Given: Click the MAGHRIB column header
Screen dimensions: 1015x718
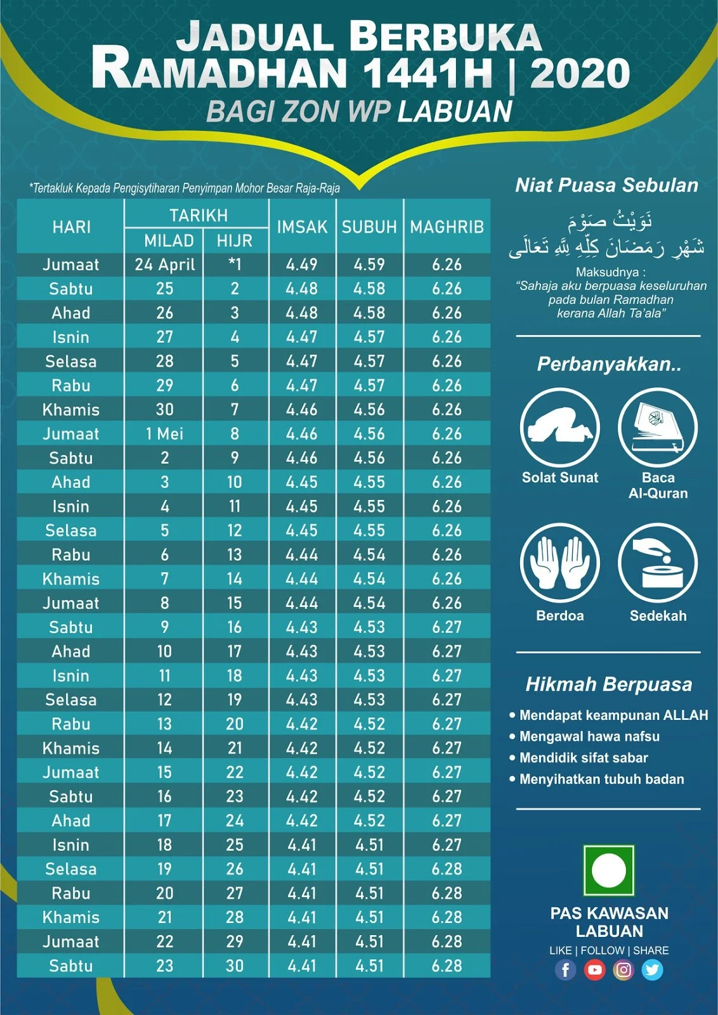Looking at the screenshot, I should pos(447,227).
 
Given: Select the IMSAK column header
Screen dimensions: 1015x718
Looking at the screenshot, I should pos(302,227).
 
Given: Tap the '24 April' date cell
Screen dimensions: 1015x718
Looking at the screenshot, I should pos(164,265).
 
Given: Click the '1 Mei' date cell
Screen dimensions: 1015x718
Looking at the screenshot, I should pos(164,434).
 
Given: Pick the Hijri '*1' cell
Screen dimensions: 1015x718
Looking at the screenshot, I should pos(235,265).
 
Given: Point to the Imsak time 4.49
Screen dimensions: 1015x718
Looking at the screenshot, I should pos(302,265).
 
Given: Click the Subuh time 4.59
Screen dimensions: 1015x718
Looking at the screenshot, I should pos(370,265).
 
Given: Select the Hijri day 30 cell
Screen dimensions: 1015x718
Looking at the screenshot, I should pos(235,966).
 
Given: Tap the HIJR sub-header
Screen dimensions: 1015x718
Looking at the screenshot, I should pos(235,241).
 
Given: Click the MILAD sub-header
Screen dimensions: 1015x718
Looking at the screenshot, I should pos(169,241).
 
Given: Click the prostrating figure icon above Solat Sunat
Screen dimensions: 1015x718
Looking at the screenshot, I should pos(559,427).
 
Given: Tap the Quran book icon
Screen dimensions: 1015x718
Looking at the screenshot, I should pos(658,427).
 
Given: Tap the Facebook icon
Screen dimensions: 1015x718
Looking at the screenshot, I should pos(565,970).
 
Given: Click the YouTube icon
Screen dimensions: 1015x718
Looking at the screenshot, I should pos(594,970).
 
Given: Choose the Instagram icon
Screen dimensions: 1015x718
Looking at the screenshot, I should pos(623,970).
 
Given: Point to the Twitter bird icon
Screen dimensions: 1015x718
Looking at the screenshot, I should pos(652,970).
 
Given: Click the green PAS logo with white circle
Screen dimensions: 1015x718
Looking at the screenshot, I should pos(608,870).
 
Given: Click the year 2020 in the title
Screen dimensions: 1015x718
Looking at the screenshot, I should pos(580,74).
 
